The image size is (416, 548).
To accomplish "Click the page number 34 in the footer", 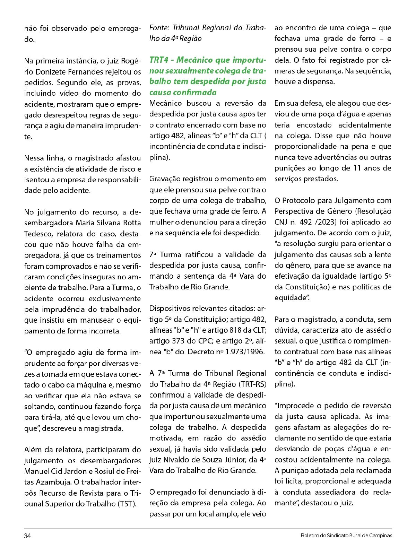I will pyautogui.click(x=27, y=536).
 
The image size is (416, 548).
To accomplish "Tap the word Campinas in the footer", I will pyautogui.click(x=381, y=536).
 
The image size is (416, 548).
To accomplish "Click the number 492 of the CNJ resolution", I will pyautogui.click(x=305, y=222).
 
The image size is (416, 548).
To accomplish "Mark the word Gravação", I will pyautogui.click(x=166, y=179).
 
